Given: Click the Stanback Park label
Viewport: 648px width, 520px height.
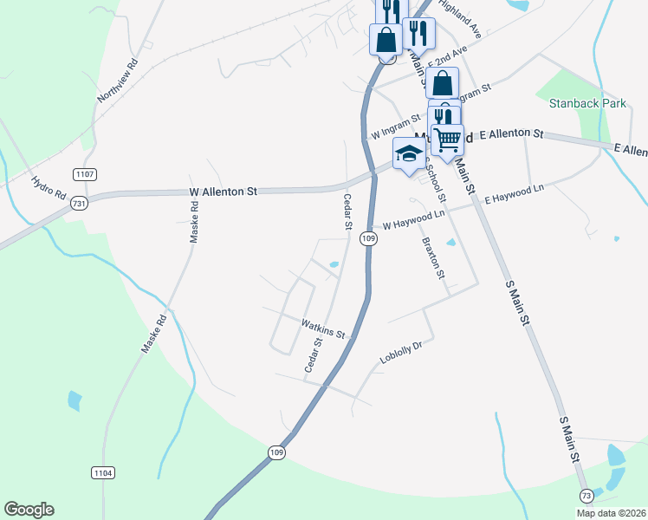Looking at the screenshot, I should pyautogui.click(x=587, y=103).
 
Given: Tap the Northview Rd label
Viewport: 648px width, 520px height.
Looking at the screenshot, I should pyautogui.click(x=120, y=81).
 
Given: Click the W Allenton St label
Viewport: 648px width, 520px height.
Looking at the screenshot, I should pyautogui.click(x=224, y=192).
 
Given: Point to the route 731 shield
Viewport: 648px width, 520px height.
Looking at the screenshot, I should pyautogui.click(x=79, y=203).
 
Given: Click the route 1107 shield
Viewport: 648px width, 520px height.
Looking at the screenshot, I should pyautogui.click(x=84, y=174).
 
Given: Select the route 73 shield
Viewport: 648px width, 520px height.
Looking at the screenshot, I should pyautogui.click(x=587, y=494).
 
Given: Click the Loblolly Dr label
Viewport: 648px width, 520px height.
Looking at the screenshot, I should pyautogui.click(x=400, y=352).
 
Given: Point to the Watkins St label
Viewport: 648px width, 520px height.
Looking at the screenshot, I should pyautogui.click(x=323, y=328).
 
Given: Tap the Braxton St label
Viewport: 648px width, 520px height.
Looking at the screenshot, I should pyautogui.click(x=432, y=257).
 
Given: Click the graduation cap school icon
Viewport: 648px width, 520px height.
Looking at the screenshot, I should pyautogui.click(x=409, y=153).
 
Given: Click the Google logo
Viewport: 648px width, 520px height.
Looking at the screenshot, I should pyautogui.click(x=29, y=510).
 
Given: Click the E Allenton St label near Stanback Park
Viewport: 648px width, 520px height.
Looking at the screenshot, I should pyautogui.click(x=511, y=134).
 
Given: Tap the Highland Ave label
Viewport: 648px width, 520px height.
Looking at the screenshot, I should pyautogui.click(x=459, y=17).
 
